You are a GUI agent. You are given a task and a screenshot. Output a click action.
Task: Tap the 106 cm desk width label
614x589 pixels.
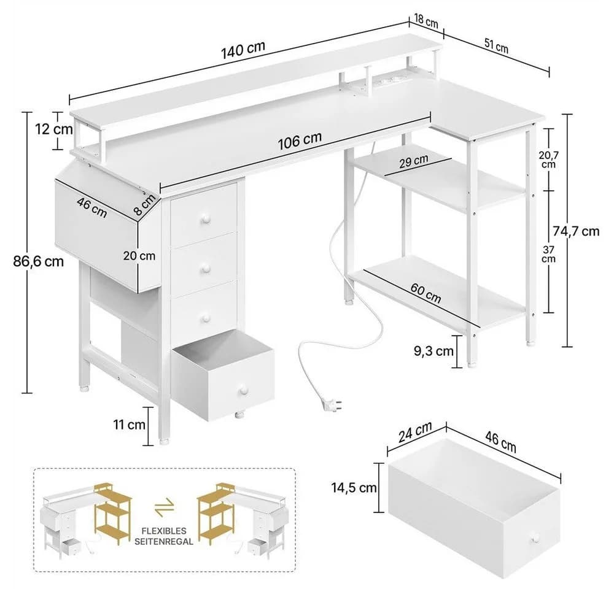click(x=300, y=141)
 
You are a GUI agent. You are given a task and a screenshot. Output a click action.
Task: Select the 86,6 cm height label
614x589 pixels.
click(x=38, y=261)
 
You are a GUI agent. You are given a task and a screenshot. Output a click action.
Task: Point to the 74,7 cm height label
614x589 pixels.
click(x=576, y=231)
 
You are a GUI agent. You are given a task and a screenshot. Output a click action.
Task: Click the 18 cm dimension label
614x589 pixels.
click(x=426, y=21)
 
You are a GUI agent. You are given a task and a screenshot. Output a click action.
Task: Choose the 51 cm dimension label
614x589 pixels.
click(x=496, y=45)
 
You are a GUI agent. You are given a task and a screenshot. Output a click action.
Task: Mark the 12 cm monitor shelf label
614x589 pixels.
click(x=54, y=129)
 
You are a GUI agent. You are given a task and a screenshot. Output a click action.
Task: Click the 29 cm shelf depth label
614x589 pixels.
click(x=413, y=161)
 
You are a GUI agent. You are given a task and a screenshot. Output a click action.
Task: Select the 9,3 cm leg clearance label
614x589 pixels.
click(x=433, y=351)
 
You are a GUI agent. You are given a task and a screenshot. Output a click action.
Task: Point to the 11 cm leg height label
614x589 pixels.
click(x=129, y=424)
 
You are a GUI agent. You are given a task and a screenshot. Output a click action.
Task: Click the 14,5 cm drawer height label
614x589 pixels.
click(x=354, y=487)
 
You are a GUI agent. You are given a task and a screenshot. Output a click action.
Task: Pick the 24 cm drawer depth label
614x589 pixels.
click(x=415, y=432)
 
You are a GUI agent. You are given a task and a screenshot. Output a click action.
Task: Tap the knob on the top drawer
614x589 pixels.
click(x=205, y=220)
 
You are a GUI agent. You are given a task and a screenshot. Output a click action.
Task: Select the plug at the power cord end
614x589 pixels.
click(x=332, y=404)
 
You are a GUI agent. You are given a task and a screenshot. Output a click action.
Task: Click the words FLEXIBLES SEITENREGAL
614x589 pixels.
click(x=164, y=536)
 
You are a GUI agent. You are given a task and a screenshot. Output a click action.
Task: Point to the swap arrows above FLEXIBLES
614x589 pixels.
click(x=164, y=507)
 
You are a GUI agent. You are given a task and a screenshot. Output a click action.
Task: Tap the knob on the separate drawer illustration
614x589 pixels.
click(x=535, y=539)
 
